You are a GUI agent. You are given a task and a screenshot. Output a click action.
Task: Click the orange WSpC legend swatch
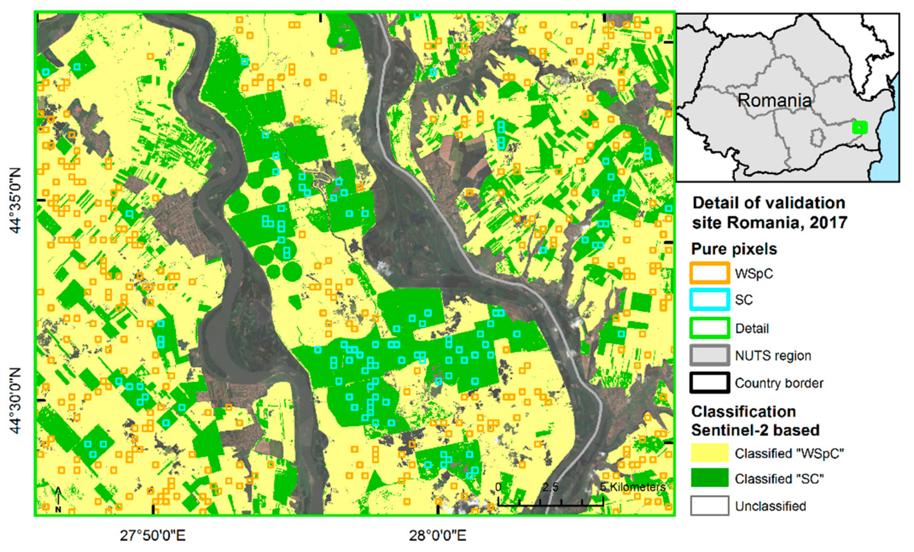pos(709,273)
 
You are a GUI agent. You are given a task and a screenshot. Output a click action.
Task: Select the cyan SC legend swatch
pos(709,299)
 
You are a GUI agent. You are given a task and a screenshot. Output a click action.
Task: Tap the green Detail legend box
pos(709,328)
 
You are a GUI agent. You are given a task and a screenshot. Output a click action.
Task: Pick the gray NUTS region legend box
pos(709,355)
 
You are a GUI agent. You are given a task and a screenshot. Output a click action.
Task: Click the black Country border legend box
pos(709,382)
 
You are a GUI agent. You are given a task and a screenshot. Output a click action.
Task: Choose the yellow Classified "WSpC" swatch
pos(709,453)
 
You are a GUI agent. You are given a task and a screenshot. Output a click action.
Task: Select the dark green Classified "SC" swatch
pos(709,478)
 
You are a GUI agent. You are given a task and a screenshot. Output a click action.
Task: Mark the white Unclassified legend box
pos(709,506)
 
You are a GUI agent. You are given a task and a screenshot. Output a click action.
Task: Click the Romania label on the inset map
pos(774,100)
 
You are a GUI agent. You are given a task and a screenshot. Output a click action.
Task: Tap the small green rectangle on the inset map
pos(859,127)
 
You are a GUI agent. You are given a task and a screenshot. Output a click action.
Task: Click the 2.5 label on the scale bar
pos(550,487)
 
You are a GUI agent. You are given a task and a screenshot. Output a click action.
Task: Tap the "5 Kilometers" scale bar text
pos(633,487)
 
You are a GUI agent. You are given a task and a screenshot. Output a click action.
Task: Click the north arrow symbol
pos(58,500)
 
